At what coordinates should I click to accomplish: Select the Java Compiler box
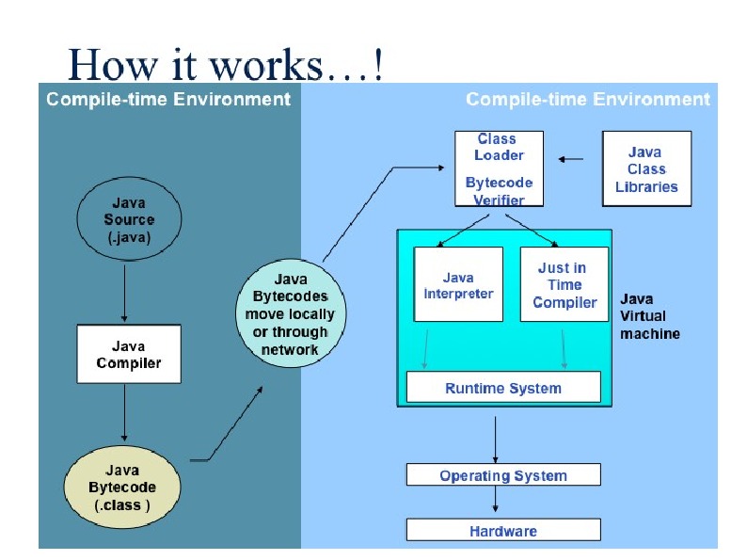128,355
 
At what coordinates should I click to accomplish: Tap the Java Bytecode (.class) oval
122,488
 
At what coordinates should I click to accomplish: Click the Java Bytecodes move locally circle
290,313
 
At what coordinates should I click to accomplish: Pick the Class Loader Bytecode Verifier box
499,169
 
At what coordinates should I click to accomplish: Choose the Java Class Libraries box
646,168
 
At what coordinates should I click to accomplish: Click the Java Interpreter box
458,285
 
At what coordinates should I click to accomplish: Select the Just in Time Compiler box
564,285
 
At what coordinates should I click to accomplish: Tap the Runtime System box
502,388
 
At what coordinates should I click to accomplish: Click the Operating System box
502,475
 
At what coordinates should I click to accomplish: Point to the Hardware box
502,531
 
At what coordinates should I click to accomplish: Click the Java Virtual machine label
650,316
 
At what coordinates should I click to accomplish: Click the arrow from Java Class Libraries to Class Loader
571,159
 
